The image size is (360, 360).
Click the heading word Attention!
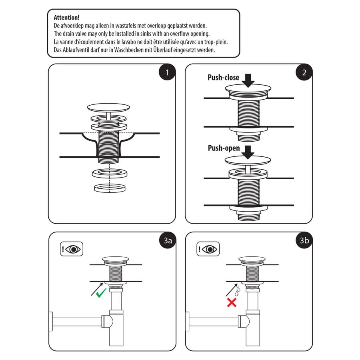66,18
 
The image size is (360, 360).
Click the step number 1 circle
166,73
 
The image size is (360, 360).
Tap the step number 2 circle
304,73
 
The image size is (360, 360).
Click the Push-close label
223,78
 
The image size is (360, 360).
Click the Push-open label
224,148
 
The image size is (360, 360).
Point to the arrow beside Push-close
248,80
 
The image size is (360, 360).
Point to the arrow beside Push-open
248,151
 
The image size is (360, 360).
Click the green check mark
100,292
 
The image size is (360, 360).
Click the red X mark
232,302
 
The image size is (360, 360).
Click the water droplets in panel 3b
237,290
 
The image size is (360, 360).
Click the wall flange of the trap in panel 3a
51,321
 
